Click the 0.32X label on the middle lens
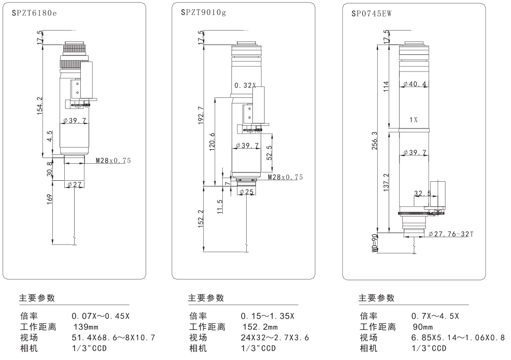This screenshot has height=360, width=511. pyautogui.click(x=245, y=84)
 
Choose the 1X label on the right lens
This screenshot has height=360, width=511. pyautogui.click(x=413, y=120)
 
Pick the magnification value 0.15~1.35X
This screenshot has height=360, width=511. pyautogui.click(x=267, y=316)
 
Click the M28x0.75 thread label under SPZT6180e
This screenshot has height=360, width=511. pyautogui.click(x=113, y=161)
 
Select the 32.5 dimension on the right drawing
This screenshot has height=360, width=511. pyautogui.click(x=422, y=194)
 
